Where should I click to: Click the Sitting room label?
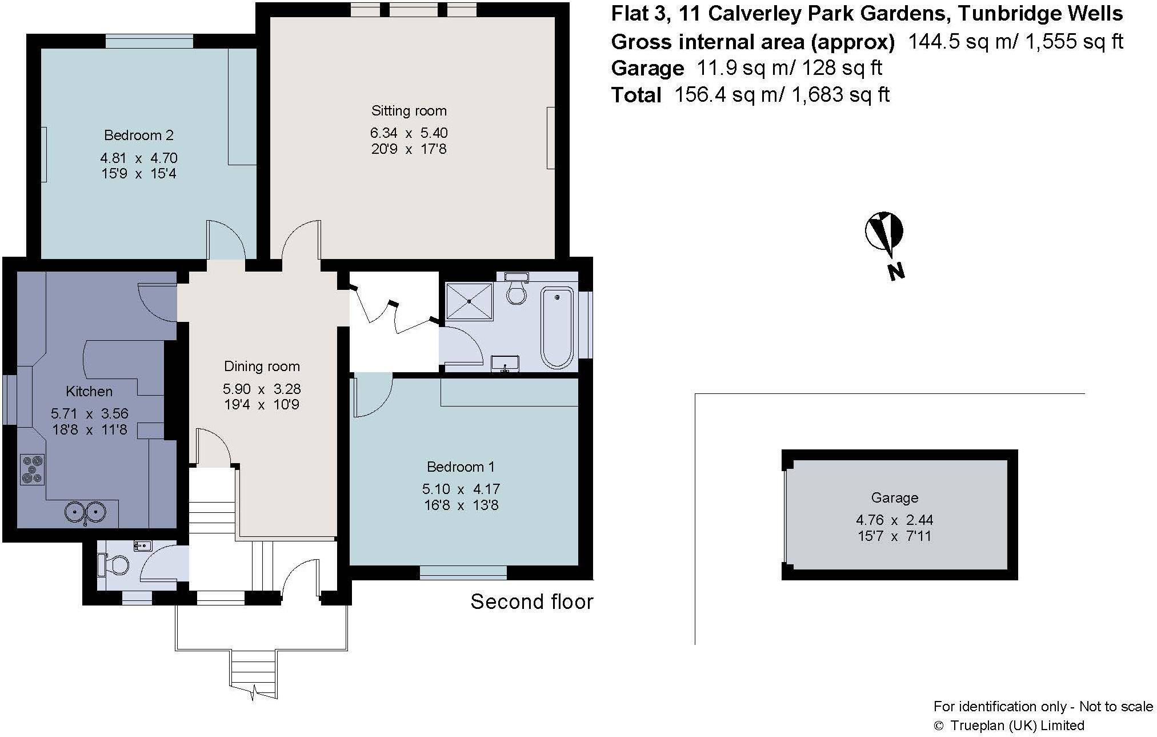409,110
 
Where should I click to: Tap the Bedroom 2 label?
138,136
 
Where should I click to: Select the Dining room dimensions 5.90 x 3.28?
262,389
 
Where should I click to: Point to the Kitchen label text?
89,391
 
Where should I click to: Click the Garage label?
895,497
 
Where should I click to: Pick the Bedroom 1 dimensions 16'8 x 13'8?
461,505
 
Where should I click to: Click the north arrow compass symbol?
883,233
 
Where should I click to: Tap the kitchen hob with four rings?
32,469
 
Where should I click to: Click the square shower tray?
469,301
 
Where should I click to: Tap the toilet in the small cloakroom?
114,565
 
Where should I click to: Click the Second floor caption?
531,601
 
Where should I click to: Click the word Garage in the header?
647,69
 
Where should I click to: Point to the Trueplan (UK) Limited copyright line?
1008,726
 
